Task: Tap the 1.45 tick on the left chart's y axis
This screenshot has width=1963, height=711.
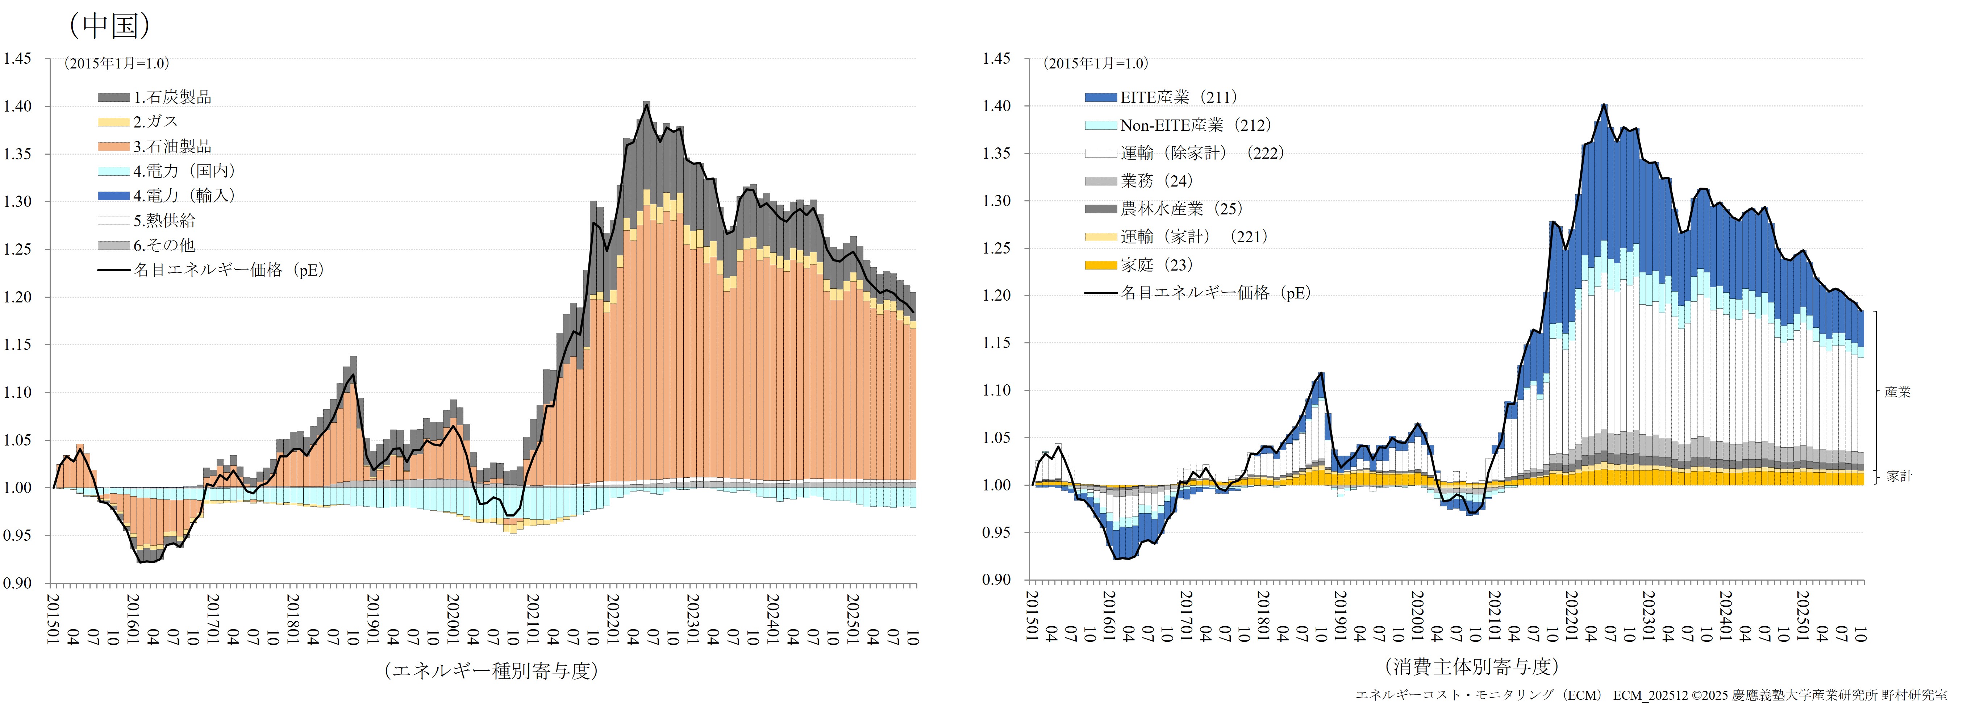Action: pos(17,59)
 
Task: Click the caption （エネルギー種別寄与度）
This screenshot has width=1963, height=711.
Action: pos(492,670)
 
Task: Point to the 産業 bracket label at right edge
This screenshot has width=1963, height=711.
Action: pos(1897,392)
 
